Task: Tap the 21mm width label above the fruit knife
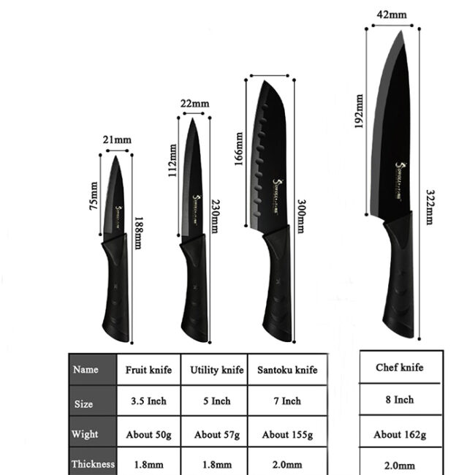point(118,140)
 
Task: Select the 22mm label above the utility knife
point(194,103)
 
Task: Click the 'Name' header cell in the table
point(85,370)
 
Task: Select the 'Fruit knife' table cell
point(148,370)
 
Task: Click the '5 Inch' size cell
point(216,400)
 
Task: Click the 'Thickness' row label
point(93,463)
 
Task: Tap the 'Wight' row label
point(85,434)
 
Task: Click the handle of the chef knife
point(399,278)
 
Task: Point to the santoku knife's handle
point(275,285)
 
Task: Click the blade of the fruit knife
point(115,197)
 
